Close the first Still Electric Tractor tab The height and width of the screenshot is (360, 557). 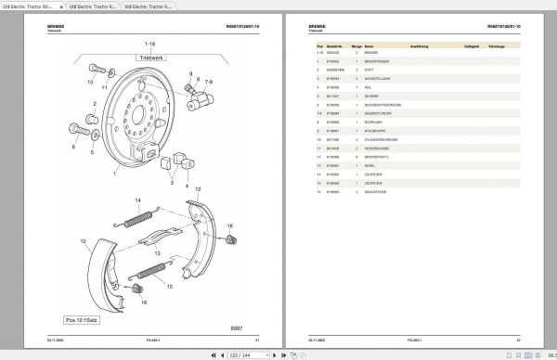61,6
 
